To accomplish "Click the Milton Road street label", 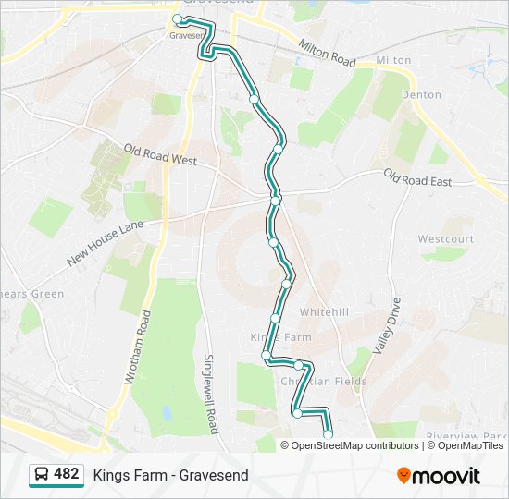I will coord(328,53).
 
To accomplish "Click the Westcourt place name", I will coord(445,239).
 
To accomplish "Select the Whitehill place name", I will coord(324,312).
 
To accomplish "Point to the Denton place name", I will coord(421,94).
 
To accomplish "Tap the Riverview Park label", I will coord(466,436).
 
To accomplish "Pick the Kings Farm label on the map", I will coord(281,337).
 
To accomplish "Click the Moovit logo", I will coord(439,476).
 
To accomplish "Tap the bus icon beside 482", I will coord(42,475).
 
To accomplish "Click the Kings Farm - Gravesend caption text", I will coord(170,476).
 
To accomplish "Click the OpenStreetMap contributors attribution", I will coord(354,445).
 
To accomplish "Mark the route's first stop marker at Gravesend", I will coord(178,18).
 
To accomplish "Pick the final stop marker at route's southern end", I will coord(328,434).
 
